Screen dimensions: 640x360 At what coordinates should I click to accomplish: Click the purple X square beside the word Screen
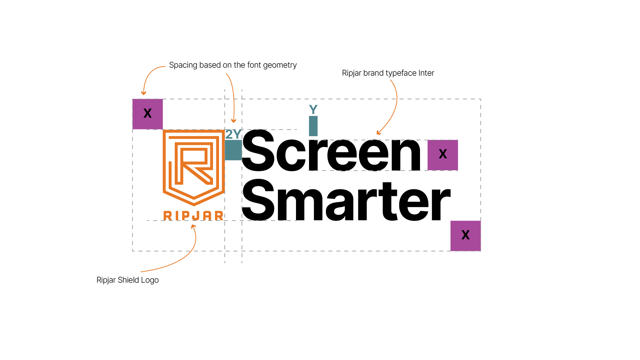coord(443,155)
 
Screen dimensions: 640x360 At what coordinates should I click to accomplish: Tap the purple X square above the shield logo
coord(148,114)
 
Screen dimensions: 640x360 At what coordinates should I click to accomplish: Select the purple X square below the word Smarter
coord(465,236)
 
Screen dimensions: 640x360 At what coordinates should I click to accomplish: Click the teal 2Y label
coord(233,134)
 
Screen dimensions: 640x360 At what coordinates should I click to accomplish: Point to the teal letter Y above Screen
coord(313,109)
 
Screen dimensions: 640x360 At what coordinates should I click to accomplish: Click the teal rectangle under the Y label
coord(313,126)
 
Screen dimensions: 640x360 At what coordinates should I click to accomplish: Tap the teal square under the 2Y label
coord(233,150)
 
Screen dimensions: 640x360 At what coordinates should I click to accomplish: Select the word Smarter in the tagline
coord(346,200)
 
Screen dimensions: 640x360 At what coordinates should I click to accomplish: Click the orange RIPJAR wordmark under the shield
coord(193,216)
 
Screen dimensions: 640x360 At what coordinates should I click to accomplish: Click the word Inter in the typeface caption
coord(426,73)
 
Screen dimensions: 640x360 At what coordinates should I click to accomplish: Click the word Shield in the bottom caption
coord(128,280)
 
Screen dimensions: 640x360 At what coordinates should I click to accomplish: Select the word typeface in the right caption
coord(401,73)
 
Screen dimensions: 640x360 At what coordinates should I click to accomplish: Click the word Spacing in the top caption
coord(183,65)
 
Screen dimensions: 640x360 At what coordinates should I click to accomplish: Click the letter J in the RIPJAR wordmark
coord(193,216)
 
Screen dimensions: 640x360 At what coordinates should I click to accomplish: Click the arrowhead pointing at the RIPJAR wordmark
coord(193,227)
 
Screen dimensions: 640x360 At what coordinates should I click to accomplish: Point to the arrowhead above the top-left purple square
coord(144,93)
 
